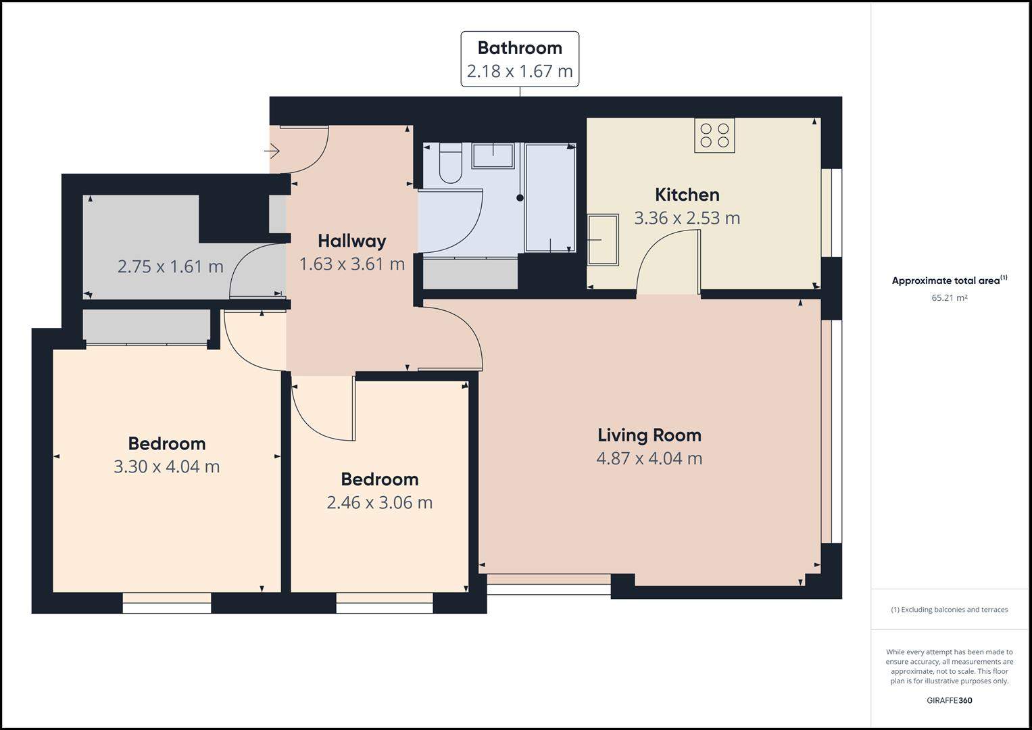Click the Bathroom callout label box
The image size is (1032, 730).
(520, 59)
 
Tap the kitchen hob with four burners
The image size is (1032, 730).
(714, 135)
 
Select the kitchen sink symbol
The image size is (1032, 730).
(603, 240)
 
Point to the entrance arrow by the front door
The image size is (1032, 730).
(272, 151)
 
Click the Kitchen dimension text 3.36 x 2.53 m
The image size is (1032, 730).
(687, 218)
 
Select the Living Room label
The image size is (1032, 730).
(649, 435)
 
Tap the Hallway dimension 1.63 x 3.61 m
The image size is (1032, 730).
(351, 264)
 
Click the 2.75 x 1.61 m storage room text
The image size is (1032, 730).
(170, 266)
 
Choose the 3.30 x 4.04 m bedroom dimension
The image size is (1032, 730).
(166, 467)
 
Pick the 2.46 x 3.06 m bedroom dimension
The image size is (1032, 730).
(379, 503)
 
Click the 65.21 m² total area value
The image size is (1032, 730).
(949, 298)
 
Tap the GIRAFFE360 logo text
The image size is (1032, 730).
(949, 700)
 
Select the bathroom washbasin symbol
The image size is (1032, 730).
(492, 155)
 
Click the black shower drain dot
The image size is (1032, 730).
(520, 198)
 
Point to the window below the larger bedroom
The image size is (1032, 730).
(167, 603)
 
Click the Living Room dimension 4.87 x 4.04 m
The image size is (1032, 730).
(649, 459)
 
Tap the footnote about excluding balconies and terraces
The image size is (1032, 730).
(949, 610)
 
